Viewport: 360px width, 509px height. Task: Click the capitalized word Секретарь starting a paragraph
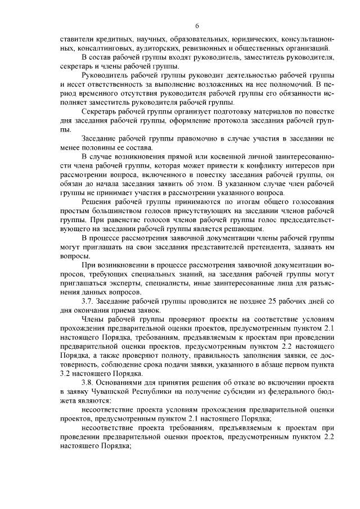[100, 111]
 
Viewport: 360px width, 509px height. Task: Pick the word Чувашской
[126, 391]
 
